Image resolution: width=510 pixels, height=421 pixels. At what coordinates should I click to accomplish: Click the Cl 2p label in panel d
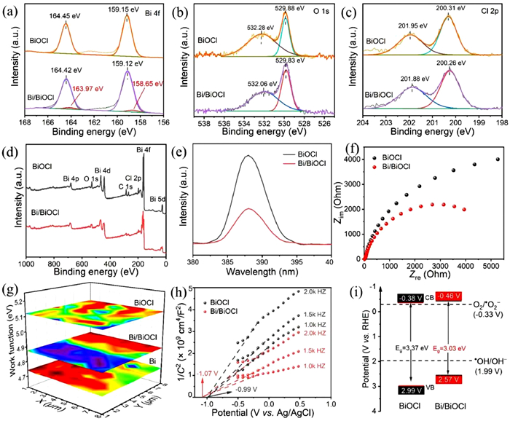point(114,177)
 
